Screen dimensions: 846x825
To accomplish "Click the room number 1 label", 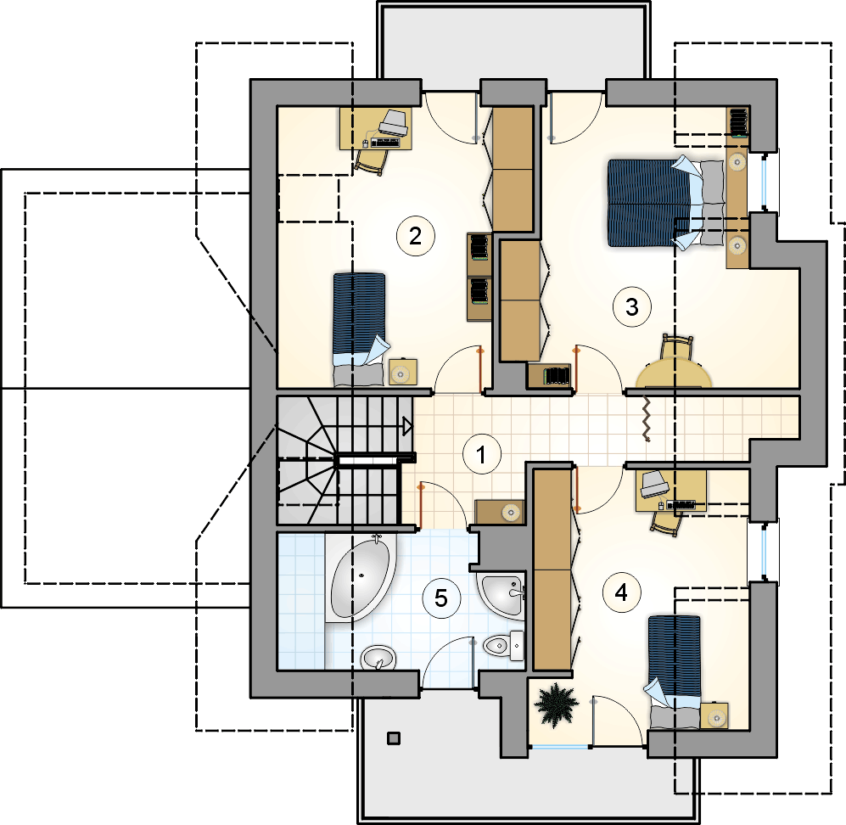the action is point(482,454).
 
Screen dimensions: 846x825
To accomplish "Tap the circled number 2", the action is point(416,236).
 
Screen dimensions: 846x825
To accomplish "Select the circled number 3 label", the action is point(632,307).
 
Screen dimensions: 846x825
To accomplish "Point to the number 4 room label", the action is point(621,592).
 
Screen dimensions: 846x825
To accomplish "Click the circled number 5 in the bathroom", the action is point(441,598).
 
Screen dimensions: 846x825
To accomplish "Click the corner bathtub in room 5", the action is point(361,577).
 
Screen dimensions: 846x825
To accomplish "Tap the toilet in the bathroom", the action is point(503,645).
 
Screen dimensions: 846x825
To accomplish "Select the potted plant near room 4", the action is point(556,704).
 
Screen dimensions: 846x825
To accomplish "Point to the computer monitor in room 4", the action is point(654,484).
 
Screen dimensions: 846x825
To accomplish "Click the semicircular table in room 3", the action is point(674,374).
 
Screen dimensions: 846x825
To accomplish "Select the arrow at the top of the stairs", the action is point(408,427).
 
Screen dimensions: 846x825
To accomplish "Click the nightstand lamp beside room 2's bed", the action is point(401,373).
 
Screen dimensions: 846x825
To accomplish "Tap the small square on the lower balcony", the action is point(394,738).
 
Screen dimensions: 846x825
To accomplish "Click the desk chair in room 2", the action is point(371,160).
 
